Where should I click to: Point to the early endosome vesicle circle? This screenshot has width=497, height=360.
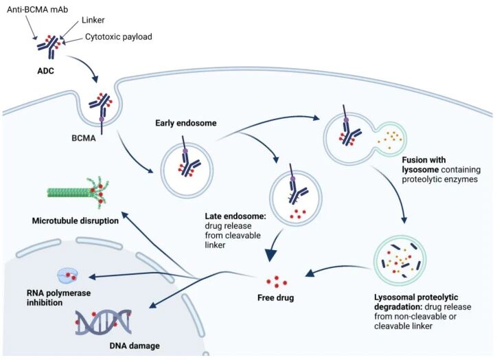pyautogui.click(x=186, y=162)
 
